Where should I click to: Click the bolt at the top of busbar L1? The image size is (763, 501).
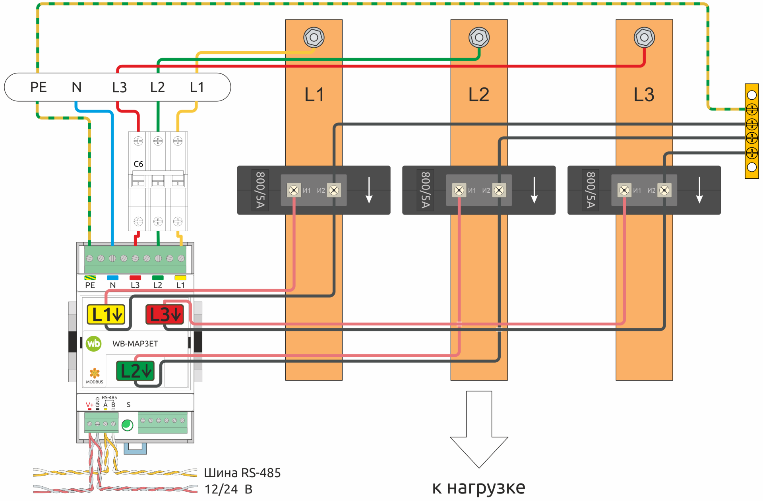click(x=314, y=38)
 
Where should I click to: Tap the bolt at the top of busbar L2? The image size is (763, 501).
click(x=479, y=38)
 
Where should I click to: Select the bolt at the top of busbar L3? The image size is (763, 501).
click(x=644, y=38)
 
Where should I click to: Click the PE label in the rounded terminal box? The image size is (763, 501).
click(x=39, y=87)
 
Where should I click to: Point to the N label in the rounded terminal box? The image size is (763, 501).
click(x=76, y=87)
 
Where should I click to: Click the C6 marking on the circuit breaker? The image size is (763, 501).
click(x=138, y=164)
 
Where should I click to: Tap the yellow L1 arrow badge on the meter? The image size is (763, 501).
click(x=106, y=315)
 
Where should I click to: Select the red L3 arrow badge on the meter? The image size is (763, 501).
click(x=165, y=315)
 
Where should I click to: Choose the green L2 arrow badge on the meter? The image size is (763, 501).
click(x=135, y=371)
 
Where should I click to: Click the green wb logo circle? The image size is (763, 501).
click(x=94, y=344)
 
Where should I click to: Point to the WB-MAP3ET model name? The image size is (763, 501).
click(x=135, y=344)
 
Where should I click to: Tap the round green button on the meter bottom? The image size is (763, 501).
click(x=127, y=425)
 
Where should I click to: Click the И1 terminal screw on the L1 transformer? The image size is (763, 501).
click(x=294, y=190)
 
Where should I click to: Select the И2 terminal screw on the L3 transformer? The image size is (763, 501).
click(x=664, y=190)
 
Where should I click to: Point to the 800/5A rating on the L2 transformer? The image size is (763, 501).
click(x=425, y=190)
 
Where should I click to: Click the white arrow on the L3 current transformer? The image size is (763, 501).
click(x=699, y=190)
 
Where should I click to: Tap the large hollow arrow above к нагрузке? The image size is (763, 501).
click(x=479, y=429)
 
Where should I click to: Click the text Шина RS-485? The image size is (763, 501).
click(x=242, y=473)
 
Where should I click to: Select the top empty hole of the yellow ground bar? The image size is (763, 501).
click(x=751, y=95)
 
